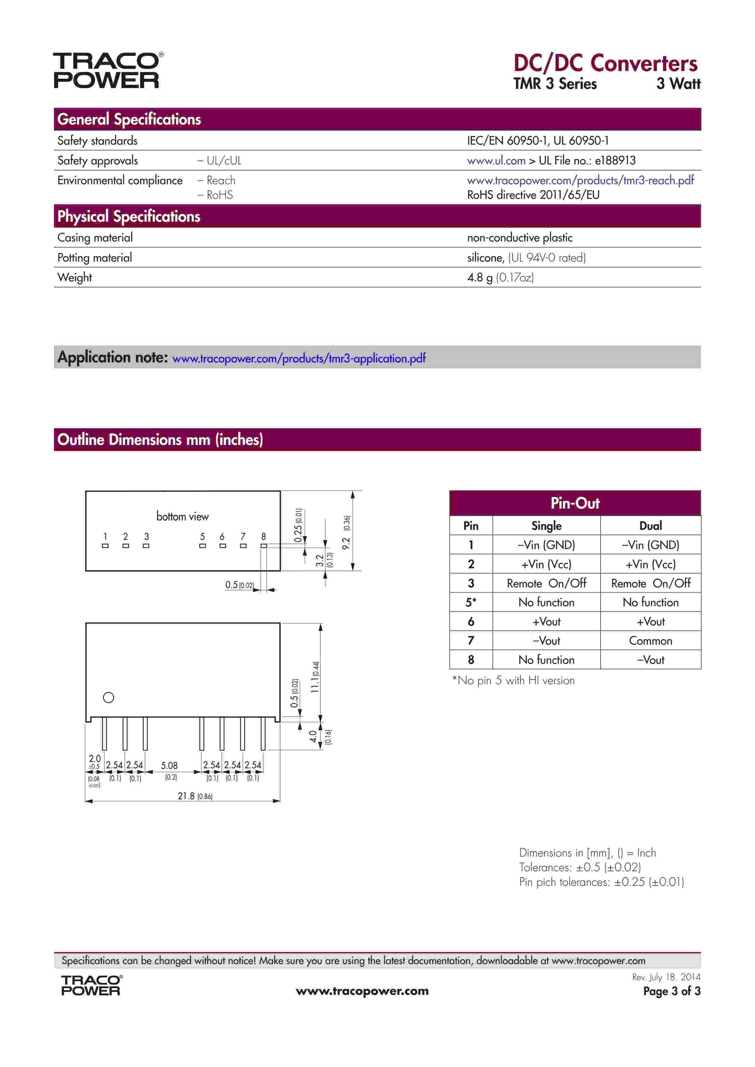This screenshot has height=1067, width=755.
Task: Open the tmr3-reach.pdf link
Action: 580,180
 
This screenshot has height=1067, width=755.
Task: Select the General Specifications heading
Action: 129,119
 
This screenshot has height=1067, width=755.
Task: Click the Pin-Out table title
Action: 575,503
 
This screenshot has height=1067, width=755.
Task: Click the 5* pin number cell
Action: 471,602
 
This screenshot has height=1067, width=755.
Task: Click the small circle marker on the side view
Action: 108,697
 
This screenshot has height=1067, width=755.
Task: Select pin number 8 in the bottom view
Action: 264,536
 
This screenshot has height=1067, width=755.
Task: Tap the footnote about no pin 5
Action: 513,680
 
